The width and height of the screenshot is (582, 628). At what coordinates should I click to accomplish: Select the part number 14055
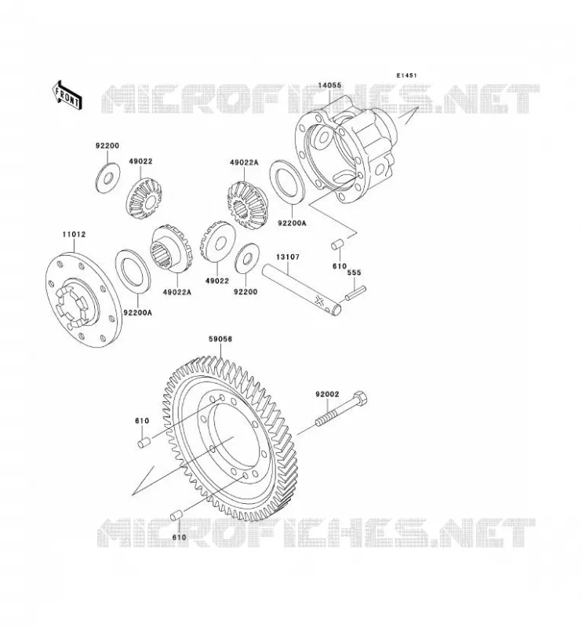pyautogui.click(x=329, y=85)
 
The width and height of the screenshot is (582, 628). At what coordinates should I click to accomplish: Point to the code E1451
pyautogui.click(x=406, y=75)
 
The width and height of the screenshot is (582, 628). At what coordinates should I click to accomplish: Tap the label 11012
pyautogui.click(x=74, y=234)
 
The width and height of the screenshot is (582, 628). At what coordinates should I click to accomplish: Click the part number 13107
pyautogui.click(x=287, y=257)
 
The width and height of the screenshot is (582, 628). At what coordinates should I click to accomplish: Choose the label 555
pyautogui.click(x=354, y=272)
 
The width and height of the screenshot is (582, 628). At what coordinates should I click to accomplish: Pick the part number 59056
pyautogui.click(x=220, y=339)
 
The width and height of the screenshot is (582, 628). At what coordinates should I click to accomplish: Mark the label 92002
pyautogui.click(x=327, y=394)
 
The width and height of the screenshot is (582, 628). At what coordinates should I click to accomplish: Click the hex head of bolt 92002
pyautogui.click(x=360, y=397)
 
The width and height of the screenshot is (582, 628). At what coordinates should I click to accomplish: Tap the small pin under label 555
pyautogui.click(x=355, y=292)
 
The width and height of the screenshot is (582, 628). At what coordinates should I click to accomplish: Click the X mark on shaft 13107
pyautogui.click(x=319, y=300)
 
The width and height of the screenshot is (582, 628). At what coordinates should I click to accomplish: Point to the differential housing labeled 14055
pyautogui.click(x=347, y=152)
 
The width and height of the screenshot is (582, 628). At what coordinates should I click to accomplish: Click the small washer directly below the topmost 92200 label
pyautogui.click(x=108, y=177)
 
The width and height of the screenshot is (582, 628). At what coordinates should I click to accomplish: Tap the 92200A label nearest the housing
pyautogui.click(x=292, y=223)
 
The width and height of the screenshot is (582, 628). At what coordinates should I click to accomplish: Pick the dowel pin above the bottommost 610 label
pyautogui.click(x=176, y=516)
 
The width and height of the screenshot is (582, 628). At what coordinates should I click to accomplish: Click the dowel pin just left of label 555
pyautogui.click(x=337, y=244)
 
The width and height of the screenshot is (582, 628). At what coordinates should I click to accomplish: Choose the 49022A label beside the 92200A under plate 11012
pyautogui.click(x=176, y=292)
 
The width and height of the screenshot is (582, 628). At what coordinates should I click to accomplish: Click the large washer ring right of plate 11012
pyautogui.click(x=133, y=270)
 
